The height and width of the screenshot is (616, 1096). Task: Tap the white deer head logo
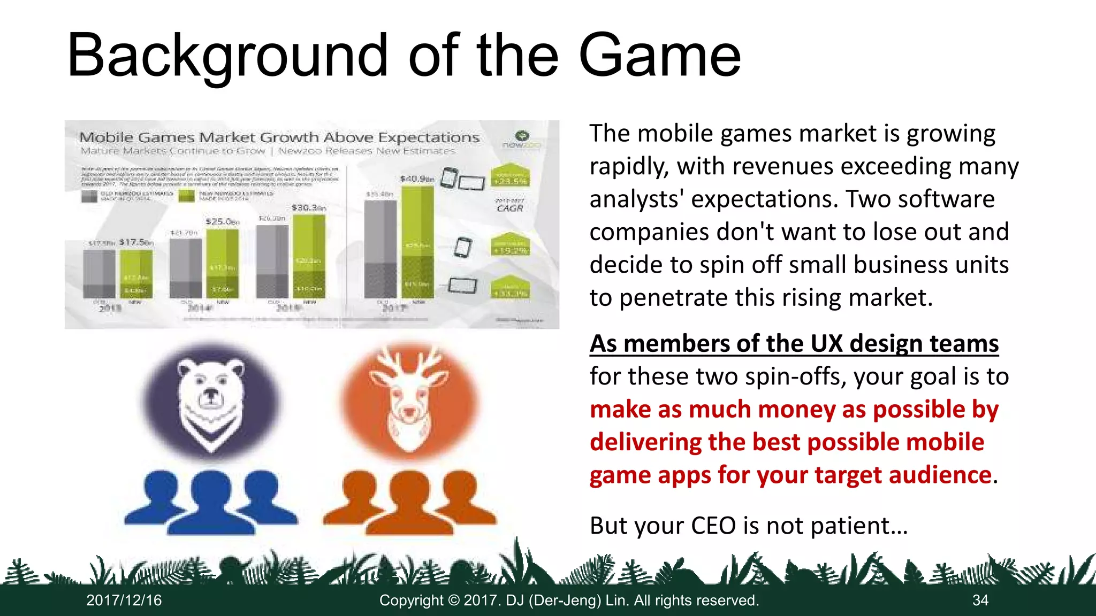[409, 398]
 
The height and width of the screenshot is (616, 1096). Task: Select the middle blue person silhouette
[211, 503]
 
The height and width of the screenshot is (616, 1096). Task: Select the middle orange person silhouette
[409, 503]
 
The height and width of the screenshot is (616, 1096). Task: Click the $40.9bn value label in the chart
[417, 178]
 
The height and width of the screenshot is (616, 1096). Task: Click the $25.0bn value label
[222, 221]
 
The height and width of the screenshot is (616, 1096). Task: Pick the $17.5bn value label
[136, 242]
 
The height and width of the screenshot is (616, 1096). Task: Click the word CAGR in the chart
[509, 208]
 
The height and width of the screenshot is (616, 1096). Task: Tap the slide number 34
[980, 600]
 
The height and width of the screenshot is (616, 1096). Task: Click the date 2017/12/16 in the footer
[124, 600]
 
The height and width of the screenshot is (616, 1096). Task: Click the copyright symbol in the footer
[454, 600]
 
